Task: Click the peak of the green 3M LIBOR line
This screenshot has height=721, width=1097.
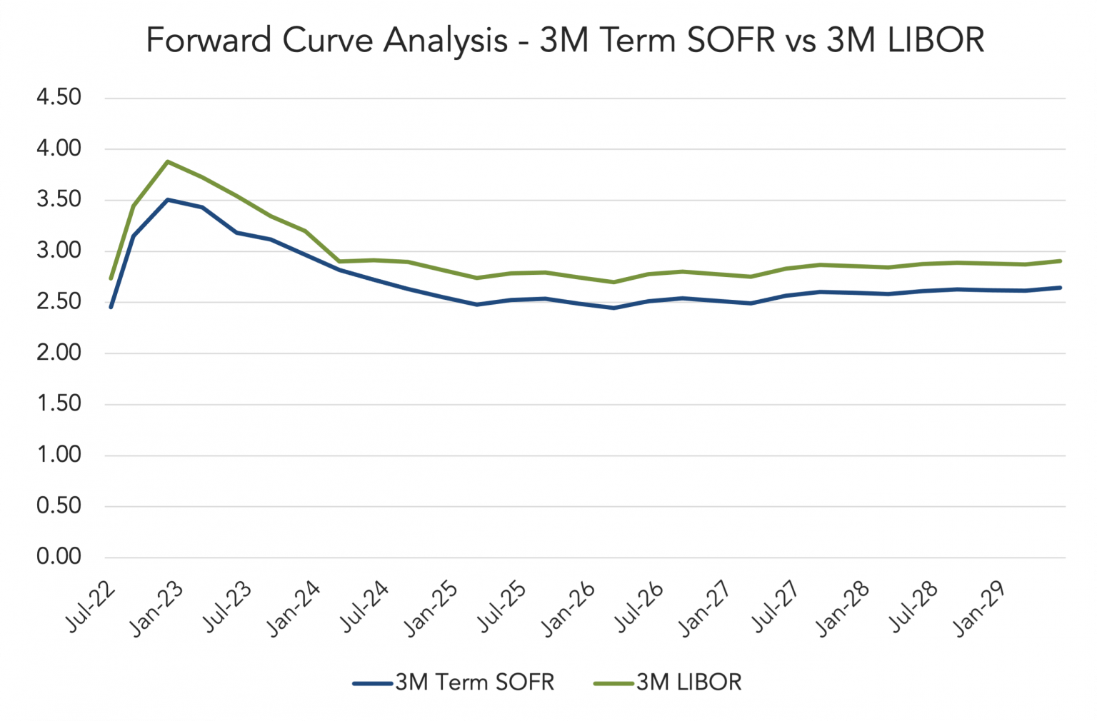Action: tap(167, 161)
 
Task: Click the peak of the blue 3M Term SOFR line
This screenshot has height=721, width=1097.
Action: tap(167, 200)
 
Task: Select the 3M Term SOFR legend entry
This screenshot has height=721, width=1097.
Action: tap(454, 682)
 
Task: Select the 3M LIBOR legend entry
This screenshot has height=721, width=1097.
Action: tap(668, 682)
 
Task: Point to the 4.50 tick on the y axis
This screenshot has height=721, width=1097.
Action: tap(59, 97)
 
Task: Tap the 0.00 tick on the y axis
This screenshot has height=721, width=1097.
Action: tap(59, 557)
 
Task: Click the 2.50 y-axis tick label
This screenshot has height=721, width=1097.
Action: tap(59, 301)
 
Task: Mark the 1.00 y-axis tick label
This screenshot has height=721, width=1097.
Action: tap(59, 455)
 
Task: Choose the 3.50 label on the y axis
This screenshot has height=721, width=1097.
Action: tap(59, 199)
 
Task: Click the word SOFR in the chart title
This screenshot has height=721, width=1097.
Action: tap(730, 40)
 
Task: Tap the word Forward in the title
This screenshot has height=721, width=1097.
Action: tap(210, 40)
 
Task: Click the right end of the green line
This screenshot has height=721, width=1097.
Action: tap(1061, 261)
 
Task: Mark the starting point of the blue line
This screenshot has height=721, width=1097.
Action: tap(111, 307)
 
